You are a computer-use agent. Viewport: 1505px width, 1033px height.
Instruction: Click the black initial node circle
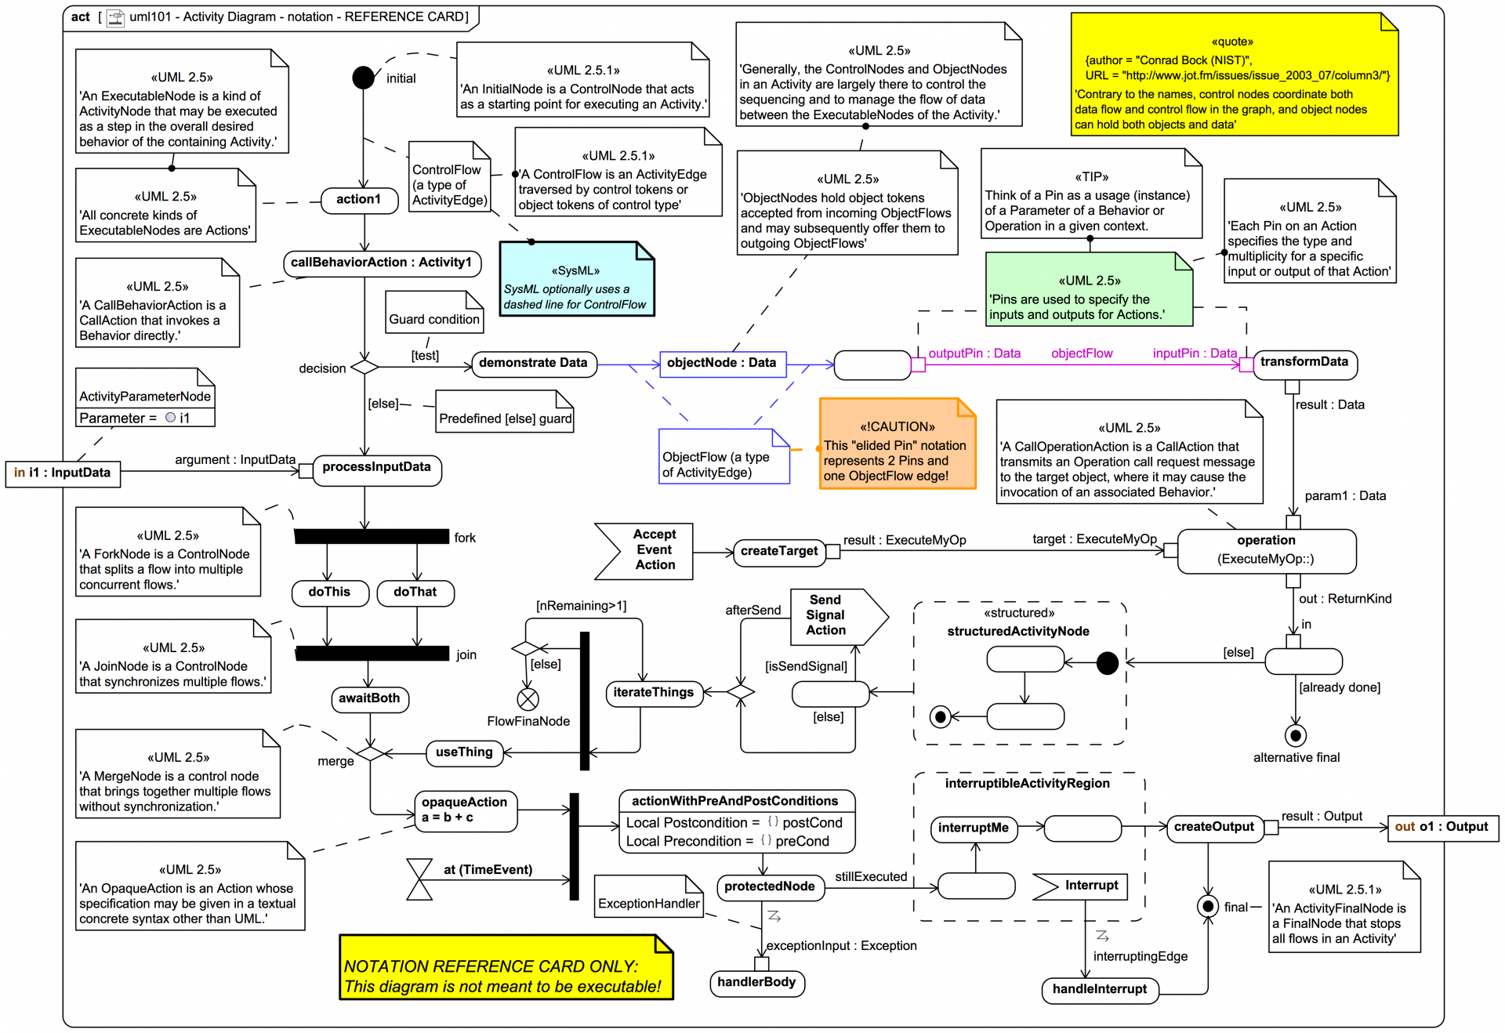pos(363,78)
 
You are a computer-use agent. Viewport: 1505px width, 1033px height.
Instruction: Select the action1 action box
pos(358,200)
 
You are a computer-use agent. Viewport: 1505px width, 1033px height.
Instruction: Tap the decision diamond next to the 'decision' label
pos(364,367)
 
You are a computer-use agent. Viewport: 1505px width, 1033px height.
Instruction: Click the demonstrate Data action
pos(533,364)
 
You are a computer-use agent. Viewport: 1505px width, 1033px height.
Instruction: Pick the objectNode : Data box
pos(722,364)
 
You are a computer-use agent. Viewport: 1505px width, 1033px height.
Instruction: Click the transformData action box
pos(1304,363)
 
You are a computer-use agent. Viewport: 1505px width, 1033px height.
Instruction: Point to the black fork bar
pos(371,537)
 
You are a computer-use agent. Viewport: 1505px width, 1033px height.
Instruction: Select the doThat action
pos(415,593)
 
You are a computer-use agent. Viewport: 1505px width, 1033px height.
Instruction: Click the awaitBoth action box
pos(369,698)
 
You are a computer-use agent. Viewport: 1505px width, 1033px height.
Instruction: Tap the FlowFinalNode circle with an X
pos(528,699)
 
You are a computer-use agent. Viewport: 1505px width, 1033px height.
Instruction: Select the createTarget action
pos(779,552)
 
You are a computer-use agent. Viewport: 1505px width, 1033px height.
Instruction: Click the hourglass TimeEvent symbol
pos(420,879)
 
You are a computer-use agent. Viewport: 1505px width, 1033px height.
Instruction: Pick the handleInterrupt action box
pos(1099,990)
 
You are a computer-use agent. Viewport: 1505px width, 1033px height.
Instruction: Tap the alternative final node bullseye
pos(1296,736)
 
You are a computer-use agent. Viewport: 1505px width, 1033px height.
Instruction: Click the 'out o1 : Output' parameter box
pos(1442,828)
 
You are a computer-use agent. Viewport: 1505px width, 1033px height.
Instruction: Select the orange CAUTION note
pos(897,444)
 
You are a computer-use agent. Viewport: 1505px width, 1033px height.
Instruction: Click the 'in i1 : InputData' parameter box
pos(63,473)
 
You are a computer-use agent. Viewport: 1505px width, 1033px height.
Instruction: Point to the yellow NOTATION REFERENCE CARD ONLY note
pos(506,967)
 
